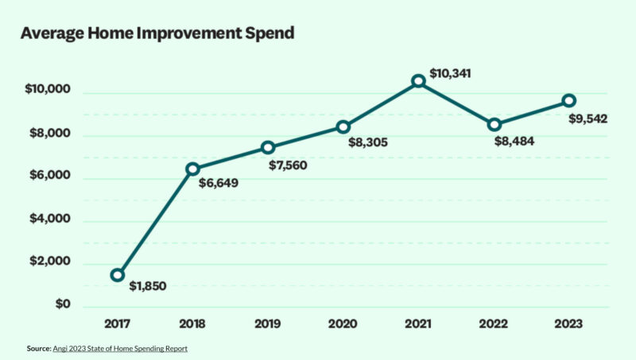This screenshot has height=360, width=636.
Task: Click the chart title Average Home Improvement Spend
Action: coord(157,33)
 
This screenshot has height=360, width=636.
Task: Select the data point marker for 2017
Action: coord(118,275)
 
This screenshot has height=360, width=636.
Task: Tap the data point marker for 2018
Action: coord(192,168)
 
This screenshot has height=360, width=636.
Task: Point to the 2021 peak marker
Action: coord(418,80)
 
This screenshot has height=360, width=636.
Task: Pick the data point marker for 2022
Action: coord(494,125)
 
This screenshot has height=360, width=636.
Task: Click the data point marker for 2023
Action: coord(568,100)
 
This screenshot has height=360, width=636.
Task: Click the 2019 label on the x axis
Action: coord(267,324)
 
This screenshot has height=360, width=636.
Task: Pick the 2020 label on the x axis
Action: coord(343,324)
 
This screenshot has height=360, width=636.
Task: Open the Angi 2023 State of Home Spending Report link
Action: coord(120,348)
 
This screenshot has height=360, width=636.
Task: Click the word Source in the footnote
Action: coord(38,348)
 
